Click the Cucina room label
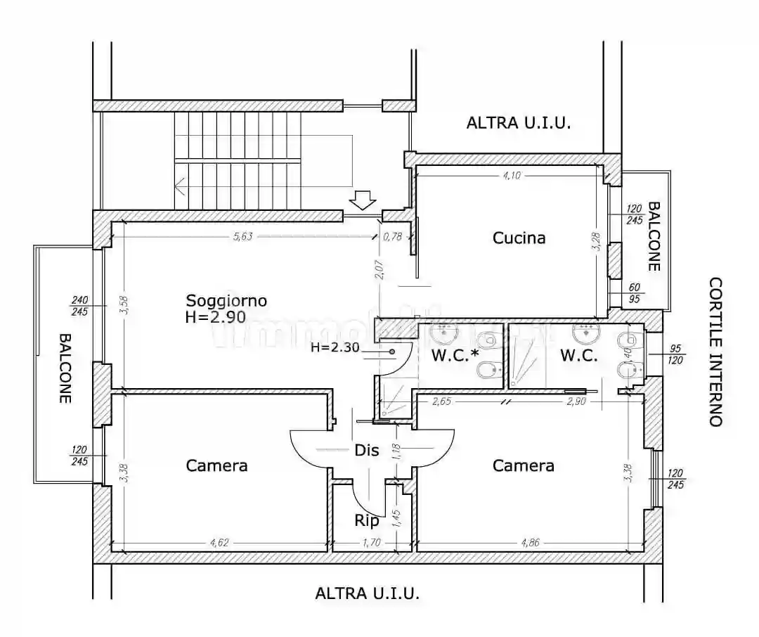point(519,238)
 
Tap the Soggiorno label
point(226,300)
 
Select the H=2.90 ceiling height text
point(215,317)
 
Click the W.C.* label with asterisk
point(455,356)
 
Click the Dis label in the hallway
point(367,451)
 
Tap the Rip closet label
point(367,521)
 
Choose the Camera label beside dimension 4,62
point(216,465)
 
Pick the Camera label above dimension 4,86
point(523,465)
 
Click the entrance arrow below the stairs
point(363,201)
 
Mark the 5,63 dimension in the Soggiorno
point(242,236)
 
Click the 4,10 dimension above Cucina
point(511,176)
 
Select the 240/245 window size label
point(79,307)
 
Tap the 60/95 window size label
point(635,292)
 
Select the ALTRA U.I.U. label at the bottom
point(367,593)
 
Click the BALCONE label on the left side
point(65,367)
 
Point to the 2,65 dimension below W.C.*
point(441,401)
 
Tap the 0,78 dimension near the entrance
point(392,236)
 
